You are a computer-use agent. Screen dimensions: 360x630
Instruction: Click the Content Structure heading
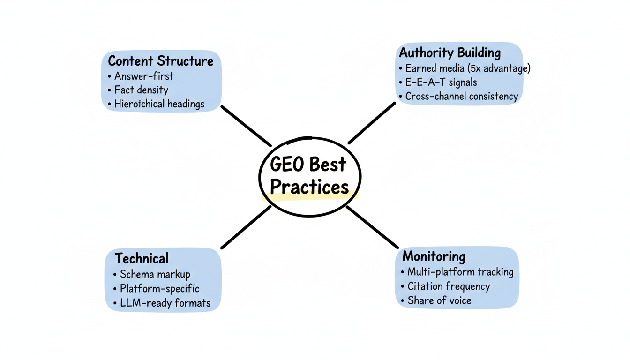click(x=161, y=61)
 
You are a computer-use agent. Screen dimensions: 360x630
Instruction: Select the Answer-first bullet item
click(x=143, y=76)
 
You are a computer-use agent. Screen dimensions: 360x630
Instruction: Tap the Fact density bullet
click(x=141, y=90)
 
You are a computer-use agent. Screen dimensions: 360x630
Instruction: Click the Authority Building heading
click(x=450, y=53)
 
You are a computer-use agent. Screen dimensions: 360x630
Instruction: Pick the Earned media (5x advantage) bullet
click(x=468, y=68)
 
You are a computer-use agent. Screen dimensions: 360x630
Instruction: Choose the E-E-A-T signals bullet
click(x=441, y=82)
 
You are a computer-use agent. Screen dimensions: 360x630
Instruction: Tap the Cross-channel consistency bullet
click(x=462, y=97)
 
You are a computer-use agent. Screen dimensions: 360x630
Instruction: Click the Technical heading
click(x=142, y=258)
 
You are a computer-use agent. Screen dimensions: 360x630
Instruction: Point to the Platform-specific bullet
click(x=159, y=288)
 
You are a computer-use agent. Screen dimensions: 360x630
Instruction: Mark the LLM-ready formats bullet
click(x=165, y=303)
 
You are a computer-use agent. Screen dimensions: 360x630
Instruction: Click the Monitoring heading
click(x=434, y=256)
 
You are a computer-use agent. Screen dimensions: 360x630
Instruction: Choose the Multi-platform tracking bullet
click(x=460, y=272)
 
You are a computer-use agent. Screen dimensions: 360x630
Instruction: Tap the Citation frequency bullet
click(x=449, y=286)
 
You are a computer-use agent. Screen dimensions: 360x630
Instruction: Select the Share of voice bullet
click(x=439, y=300)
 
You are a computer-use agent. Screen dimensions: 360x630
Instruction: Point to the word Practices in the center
click(x=309, y=187)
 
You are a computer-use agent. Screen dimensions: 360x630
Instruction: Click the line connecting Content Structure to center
click(x=246, y=126)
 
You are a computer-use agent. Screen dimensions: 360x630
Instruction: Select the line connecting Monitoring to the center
click(x=372, y=227)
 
